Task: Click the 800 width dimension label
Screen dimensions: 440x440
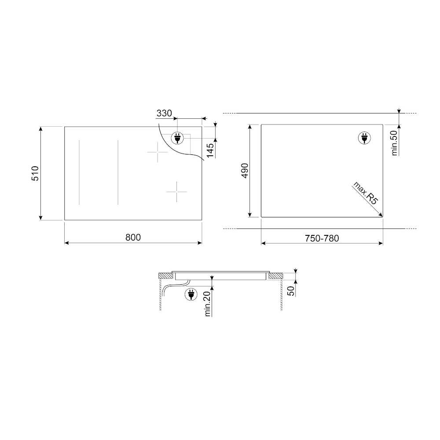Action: click(x=133, y=238)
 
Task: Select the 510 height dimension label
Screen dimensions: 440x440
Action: click(x=35, y=173)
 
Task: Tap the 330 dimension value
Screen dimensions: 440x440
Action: click(x=164, y=113)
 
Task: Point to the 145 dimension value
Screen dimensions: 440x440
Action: click(x=210, y=150)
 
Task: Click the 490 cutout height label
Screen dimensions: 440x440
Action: click(x=245, y=171)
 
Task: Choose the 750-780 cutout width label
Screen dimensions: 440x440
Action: click(x=322, y=238)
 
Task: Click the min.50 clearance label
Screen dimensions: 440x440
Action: click(x=394, y=143)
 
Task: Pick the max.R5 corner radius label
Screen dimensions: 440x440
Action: click(x=366, y=193)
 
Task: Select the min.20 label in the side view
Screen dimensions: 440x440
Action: click(x=208, y=304)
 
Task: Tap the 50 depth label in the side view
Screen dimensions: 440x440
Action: click(x=291, y=291)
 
